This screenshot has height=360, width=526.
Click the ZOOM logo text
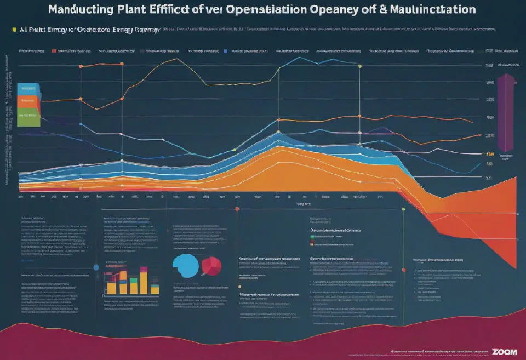click(x=504, y=351)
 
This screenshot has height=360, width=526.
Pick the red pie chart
click(x=211, y=266)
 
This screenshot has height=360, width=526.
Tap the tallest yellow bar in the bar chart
click(x=144, y=283)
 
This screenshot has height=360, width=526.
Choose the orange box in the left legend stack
click(x=28, y=101)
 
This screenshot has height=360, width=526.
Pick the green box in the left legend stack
click(x=28, y=116)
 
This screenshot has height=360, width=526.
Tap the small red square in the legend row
click(x=54, y=50)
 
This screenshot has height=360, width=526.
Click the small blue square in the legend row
click(x=225, y=50)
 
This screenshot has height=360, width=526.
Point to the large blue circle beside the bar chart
click(x=96, y=267)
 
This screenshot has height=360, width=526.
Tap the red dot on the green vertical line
click(x=404, y=270)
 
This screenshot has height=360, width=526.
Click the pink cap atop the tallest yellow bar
click(x=144, y=269)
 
